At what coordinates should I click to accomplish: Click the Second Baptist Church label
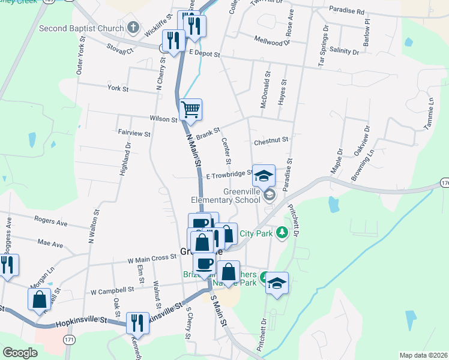[x=81, y=28]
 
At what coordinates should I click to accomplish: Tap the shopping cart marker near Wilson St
[x=190, y=110]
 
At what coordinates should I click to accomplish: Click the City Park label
[x=256, y=233]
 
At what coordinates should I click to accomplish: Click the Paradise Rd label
[x=346, y=11]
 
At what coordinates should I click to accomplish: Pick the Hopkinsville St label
[x=81, y=322]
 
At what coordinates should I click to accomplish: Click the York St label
[x=114, y=88]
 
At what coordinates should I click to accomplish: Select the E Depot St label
[x=205, y=54]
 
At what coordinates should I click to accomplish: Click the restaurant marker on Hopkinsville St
[x=138, y=323]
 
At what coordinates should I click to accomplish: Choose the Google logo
[x=20, y=352]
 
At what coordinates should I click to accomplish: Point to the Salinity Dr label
[x=344, y=52]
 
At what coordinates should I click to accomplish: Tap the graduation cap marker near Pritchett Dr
[x=277, y=283]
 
